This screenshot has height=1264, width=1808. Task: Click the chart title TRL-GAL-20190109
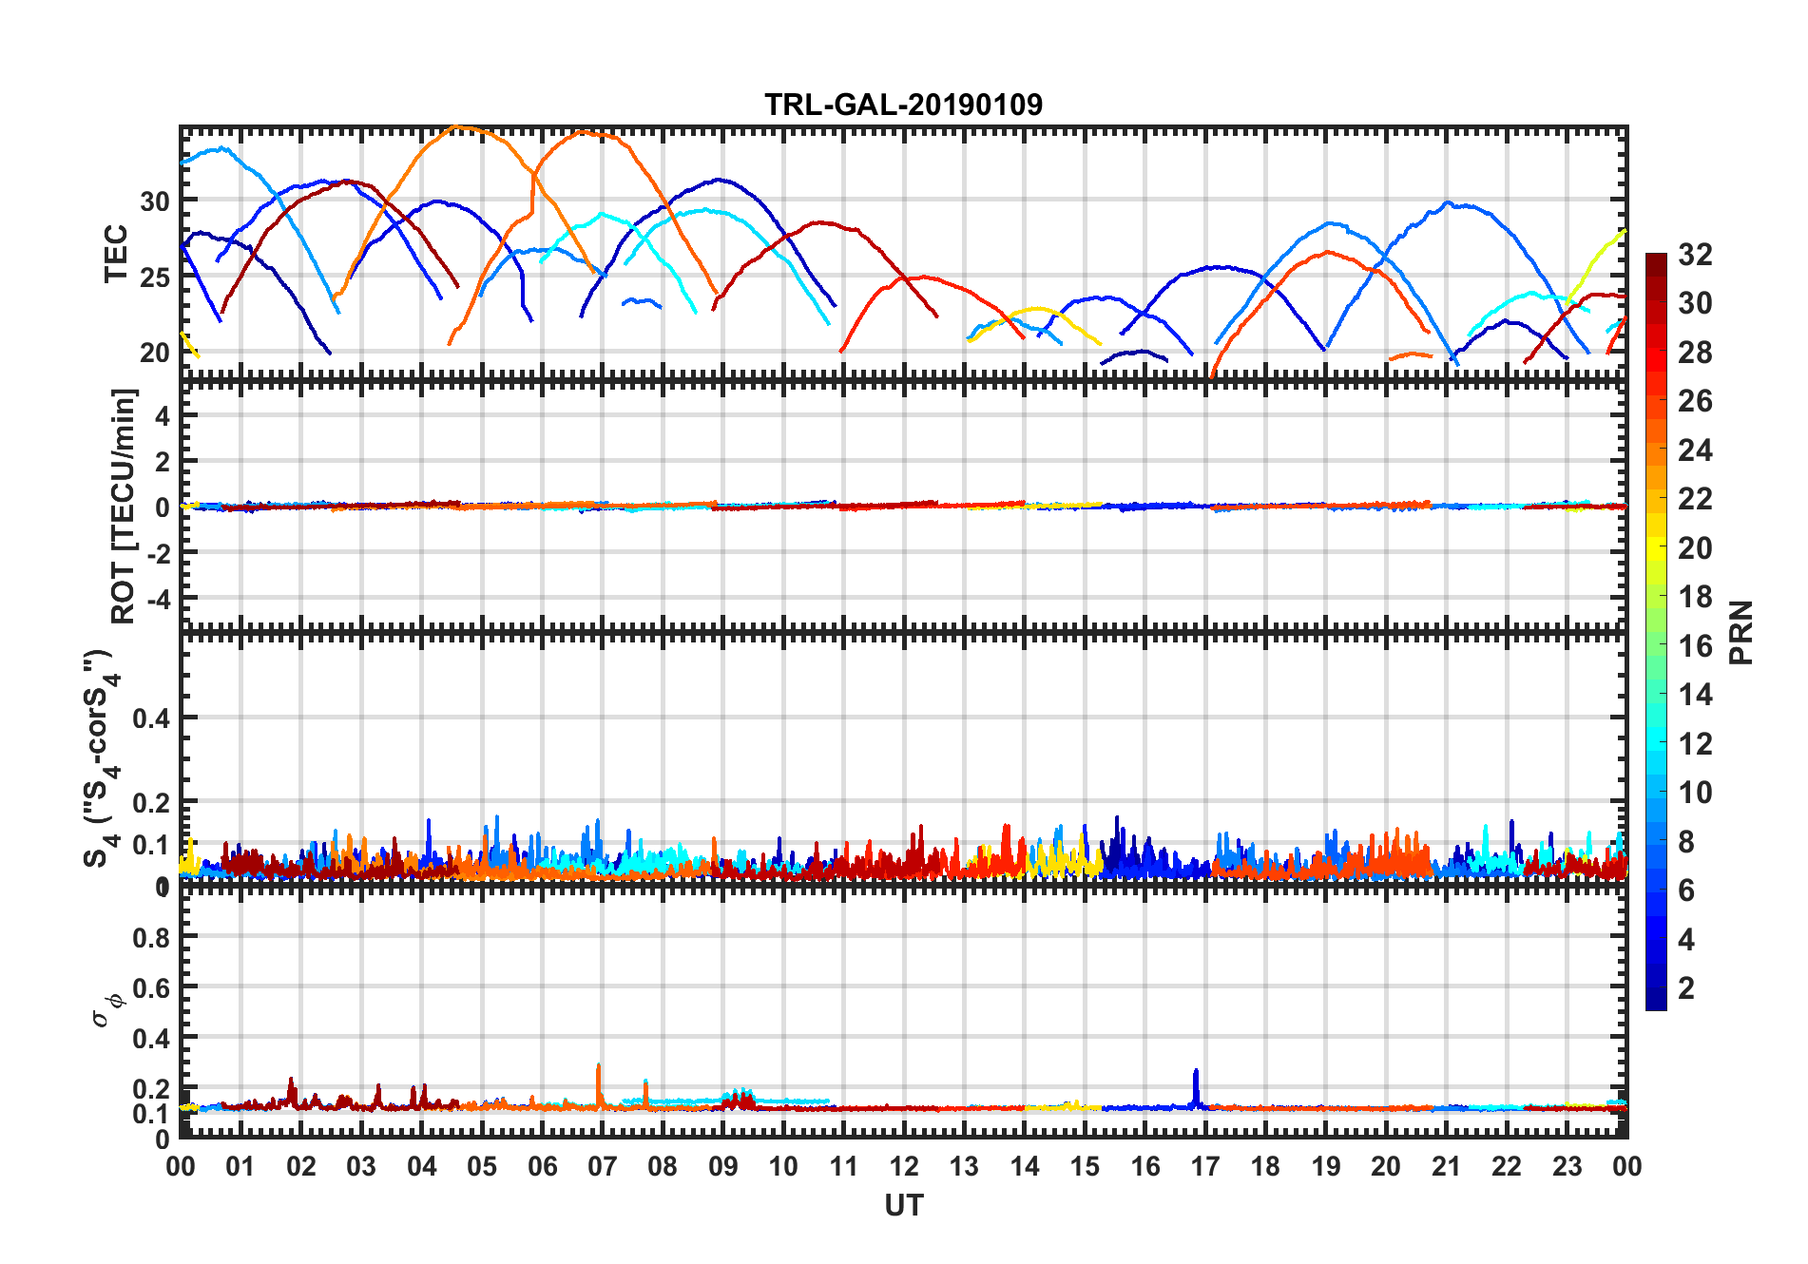(903, 105)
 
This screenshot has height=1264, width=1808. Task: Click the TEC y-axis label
(116, 254)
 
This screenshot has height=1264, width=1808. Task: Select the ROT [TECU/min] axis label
(124, 506)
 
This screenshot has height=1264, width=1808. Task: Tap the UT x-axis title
(903, 1206)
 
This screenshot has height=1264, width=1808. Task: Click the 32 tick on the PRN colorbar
(1695, 255)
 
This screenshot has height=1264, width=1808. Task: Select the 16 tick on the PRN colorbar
(1695, 646)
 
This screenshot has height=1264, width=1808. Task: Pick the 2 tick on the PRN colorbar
(1686, 988)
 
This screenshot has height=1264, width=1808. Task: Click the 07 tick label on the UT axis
(602, 1167)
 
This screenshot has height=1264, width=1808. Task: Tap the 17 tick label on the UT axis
(1204, 1167)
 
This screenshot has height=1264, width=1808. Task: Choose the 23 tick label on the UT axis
(1567, 1167)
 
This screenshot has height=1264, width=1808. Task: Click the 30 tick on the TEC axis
(154, 201)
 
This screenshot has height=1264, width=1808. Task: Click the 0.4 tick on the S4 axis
(151, 718)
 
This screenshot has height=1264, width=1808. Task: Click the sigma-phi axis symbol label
(106, 1009)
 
